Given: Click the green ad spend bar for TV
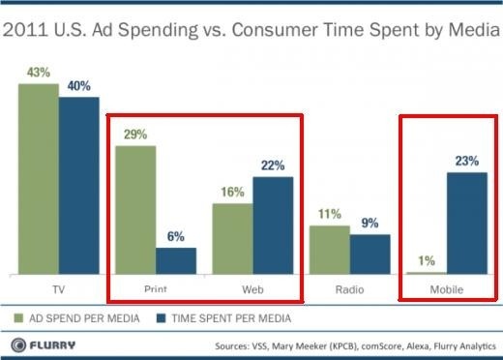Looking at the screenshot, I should point(38,179).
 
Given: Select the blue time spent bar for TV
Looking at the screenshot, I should point(78,185).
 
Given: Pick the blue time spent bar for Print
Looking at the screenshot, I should point(176,260).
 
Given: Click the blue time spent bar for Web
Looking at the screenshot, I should point(273,225).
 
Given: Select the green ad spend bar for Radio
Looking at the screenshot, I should point(330,250).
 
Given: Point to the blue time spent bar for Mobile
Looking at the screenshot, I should point(467,223).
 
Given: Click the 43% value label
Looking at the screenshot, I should point(38,73).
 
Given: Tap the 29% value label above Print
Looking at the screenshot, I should point(135,135).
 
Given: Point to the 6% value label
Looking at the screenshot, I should point(176,235).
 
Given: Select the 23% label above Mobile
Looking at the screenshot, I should point(467,161).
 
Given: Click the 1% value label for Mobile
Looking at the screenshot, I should point(427,259).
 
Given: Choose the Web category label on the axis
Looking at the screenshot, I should point(252,289).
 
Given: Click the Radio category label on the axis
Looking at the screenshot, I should point(349,289).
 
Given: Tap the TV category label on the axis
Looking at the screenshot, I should point(57,289).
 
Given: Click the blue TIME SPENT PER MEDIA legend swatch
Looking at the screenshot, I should point(164,316).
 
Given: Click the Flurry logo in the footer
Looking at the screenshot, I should point(43,345).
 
